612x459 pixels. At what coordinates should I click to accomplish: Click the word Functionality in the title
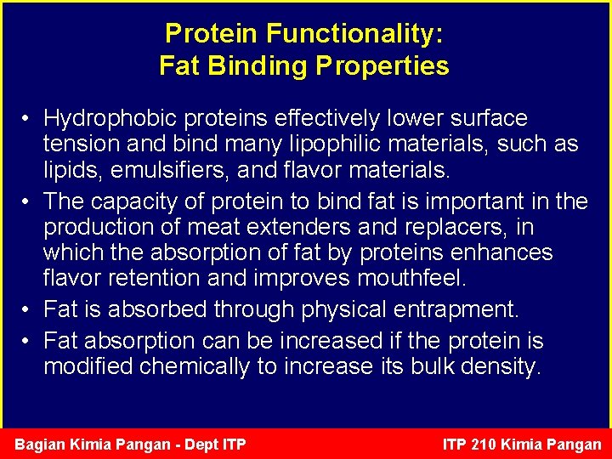[x=354, y=34]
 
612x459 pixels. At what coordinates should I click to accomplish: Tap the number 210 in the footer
[x=489, y=445]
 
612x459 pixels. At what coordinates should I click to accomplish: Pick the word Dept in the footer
[x=199, y=445]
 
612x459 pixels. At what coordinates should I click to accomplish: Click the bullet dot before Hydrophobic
[x=28, y=119]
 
